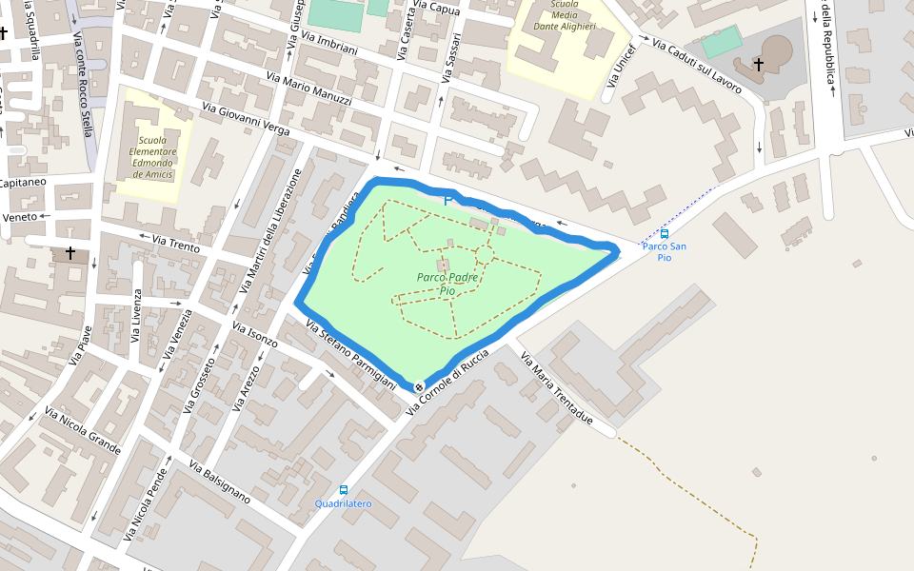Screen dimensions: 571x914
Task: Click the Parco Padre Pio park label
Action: (447, 283)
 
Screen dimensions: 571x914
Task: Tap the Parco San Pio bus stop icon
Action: (665, 233)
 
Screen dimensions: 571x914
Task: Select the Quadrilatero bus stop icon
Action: (343, 490)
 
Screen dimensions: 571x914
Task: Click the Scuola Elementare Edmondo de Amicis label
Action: (152, 157)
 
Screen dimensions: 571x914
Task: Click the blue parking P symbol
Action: (447, 201)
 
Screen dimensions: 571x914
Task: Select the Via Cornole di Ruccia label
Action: (447, 381)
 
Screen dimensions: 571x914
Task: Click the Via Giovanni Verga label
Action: (246, 121)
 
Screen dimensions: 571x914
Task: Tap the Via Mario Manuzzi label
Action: (309, 89)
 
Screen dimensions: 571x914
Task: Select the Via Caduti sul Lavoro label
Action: (696, 66)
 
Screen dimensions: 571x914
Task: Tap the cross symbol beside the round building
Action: (759, 64)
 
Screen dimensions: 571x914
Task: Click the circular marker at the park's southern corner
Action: (419, 386)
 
